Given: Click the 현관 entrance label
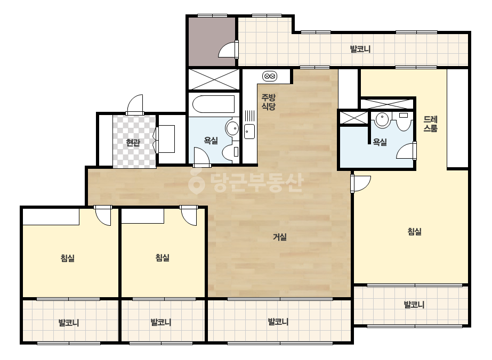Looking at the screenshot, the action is click(x=133, y=143).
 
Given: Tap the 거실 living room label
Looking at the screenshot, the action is click(x=279, y=237).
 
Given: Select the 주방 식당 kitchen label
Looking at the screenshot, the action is click(x=269, y=102).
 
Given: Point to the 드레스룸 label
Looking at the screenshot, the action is click(x=431, y=124).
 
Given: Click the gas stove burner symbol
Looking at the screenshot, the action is click(x=270, y=76).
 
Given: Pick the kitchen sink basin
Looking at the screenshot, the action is click(x=249, y=132).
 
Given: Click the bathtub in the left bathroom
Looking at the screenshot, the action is click(x=213, y=104).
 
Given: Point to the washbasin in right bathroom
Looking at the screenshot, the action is click(x=382, y=119).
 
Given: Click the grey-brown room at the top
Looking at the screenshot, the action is click(x=212, y=42).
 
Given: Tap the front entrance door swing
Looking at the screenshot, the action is click(x=135, y=104).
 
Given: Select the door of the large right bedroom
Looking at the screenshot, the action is click(x=361, y=183).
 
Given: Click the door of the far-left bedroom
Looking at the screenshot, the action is click(x=103, y=216).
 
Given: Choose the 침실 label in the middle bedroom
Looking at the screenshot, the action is click(x=163, y=258).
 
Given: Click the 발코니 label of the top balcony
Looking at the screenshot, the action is click(x=360, y=49).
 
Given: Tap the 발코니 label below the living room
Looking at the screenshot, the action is click(x=278, y=322).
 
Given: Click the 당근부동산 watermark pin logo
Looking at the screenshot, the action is click(x=196, y=183).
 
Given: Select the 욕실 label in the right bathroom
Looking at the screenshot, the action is click(x=380, y=142).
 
